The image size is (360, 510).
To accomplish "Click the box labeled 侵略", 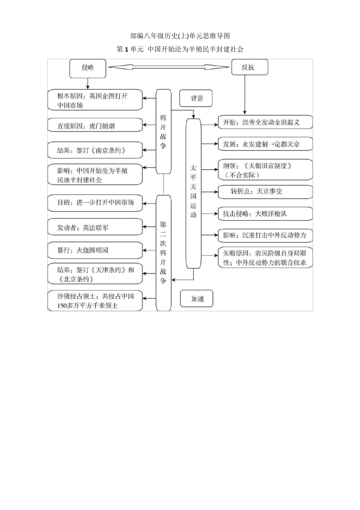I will pos(88,68).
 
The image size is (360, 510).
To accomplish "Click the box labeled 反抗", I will pos(249,68).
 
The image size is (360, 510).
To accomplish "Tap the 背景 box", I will pos(196,99).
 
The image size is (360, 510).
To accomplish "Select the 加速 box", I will pos(197,299).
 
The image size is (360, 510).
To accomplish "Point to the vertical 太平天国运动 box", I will pos(193,193).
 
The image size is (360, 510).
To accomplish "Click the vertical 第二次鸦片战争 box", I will pos(163,252).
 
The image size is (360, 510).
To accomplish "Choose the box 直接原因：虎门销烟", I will pos(95,126).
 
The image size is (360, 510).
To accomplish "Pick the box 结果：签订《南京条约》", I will pos(95,150).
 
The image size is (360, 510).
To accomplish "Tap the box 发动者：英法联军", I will pos(95,228).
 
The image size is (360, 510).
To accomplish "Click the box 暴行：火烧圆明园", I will pos(95,250).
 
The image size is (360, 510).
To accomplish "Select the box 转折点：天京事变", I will pos(265,191).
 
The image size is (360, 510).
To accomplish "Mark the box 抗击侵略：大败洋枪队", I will pos(265,213).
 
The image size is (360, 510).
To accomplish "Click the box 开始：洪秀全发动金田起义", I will pos(265,122).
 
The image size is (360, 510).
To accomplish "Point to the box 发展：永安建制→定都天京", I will pos(265,144).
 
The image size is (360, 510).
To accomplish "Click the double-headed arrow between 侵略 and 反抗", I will pos(169,67).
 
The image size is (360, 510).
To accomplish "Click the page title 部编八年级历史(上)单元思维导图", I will pos(180,36).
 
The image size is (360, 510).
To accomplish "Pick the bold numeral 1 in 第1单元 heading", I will pos(126,49).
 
